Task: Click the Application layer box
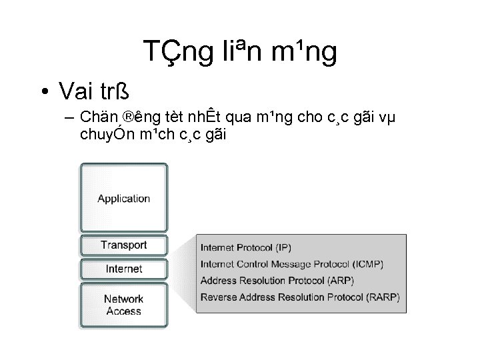[x=124, y=198]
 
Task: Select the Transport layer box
[x=124, y=245]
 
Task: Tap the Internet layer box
[x=124, y=269]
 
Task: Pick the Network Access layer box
[x=124, y=305]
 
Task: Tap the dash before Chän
[x=69, y=118]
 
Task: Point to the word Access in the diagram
[x=124, y=311]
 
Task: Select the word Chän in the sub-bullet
[x=95, y=117]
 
